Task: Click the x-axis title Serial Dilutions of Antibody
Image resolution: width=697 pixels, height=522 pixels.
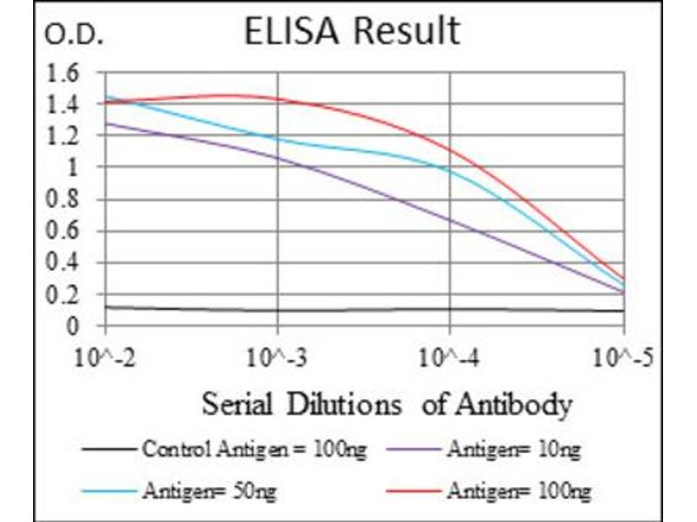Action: (x=387, y=405)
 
